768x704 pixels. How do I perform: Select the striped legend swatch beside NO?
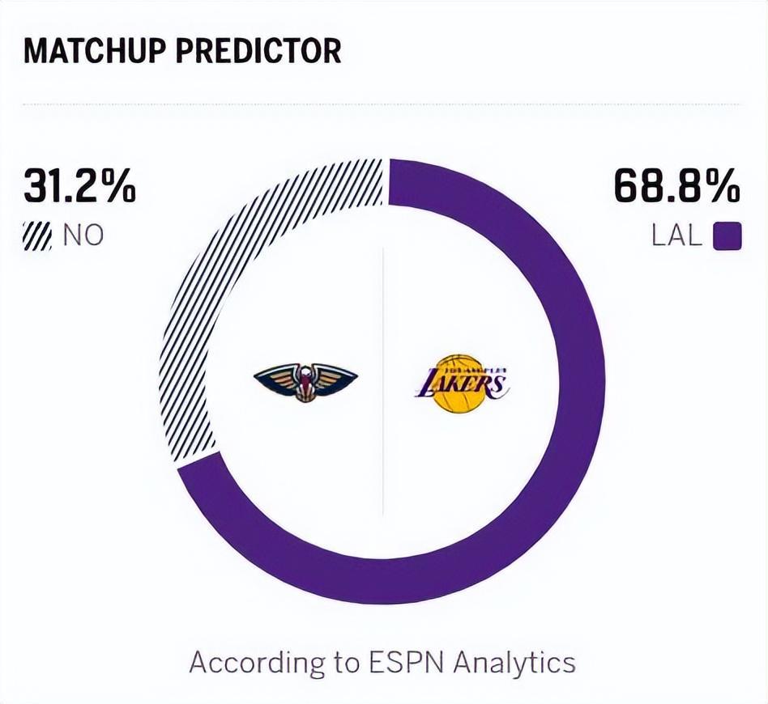pyautogui.click(x=37, y=236)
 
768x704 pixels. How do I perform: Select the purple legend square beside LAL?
pyautogui.click(x=727, y=236)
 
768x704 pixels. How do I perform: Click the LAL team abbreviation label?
pyautogui.click(x=677, y=236)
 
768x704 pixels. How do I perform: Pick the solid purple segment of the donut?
pyautogui.click(x=559, y=453)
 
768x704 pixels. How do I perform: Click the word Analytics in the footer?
pyautogui.click(x=514, y=663)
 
